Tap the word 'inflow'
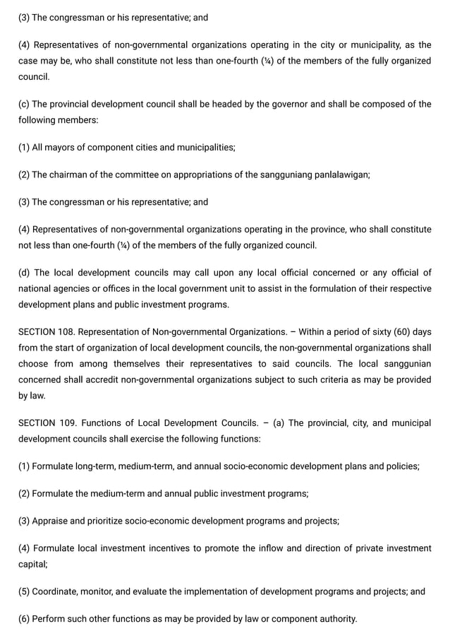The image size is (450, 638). click(x=300, y=548)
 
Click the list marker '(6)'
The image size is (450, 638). click(x=24, y=619)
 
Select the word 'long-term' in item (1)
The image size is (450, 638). click(x=95, y=466)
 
